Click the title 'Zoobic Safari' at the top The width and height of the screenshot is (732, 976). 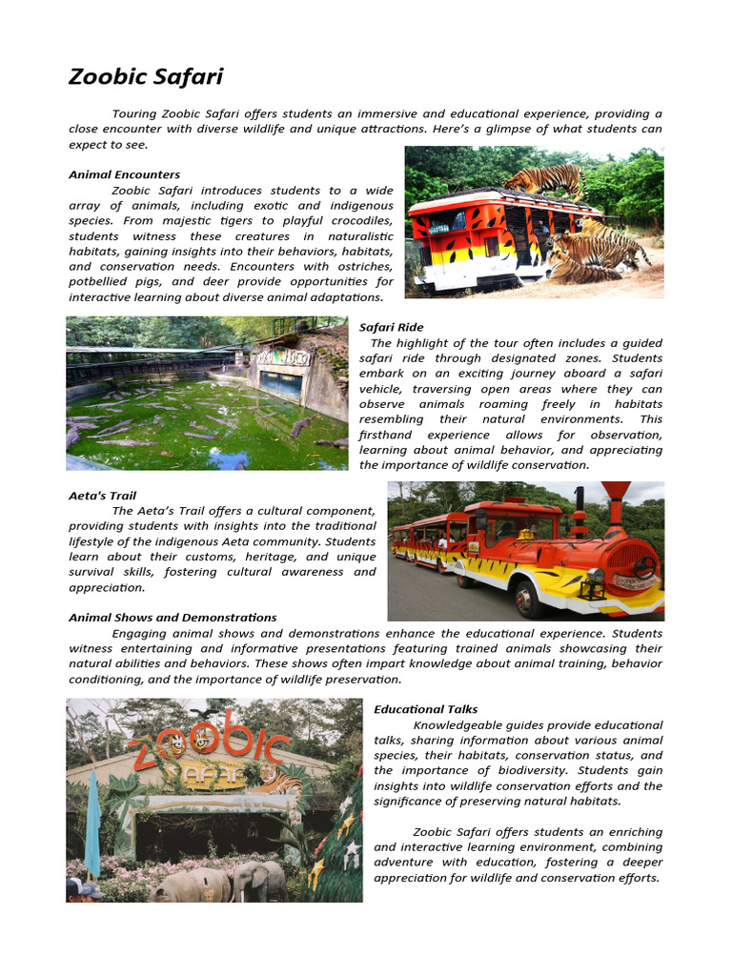pos(145,77)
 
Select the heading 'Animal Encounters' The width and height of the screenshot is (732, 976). pos(124,174)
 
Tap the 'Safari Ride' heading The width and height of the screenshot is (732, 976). pos(391,327)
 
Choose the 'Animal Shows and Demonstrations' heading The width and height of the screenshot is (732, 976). pos(173,618)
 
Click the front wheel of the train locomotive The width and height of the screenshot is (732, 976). pos(528,598)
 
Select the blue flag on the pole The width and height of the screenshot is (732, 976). pos(92,824)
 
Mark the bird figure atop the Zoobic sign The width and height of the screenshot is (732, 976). pos(201,712)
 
